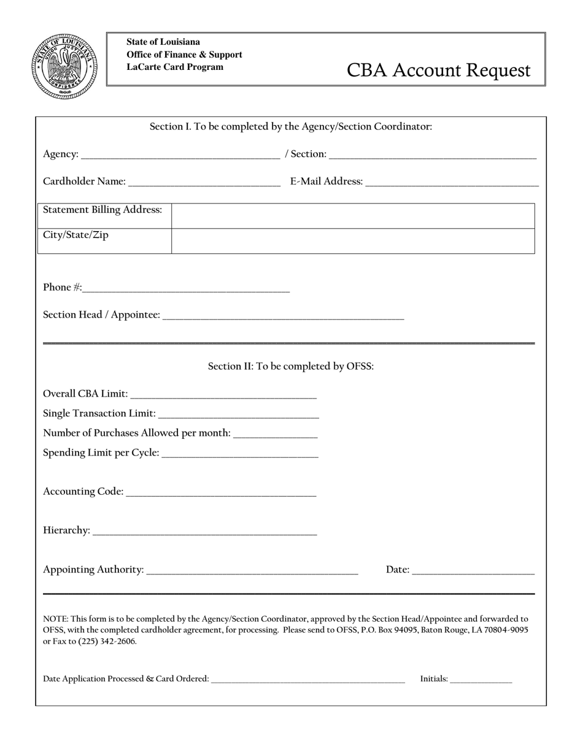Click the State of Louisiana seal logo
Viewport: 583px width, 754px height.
coord(64,66)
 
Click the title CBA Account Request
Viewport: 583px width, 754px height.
coord(438,70)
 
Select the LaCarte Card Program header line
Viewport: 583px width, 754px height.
coord(175,67)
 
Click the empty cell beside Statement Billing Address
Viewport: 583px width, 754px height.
coord(353,216)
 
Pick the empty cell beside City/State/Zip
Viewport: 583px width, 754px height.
coord(353,241)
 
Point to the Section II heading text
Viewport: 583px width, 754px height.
coord(290,367)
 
